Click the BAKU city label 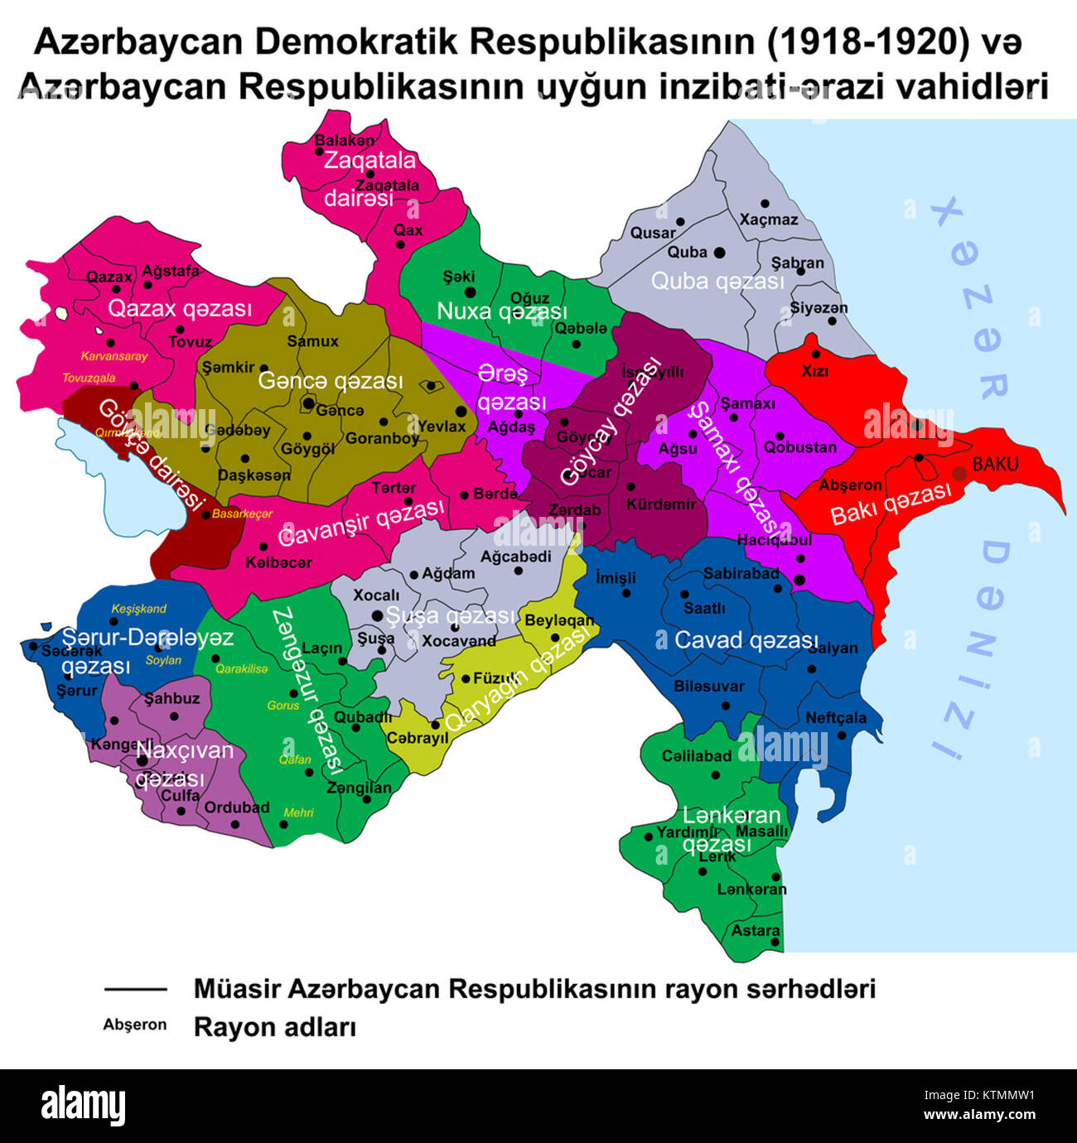pyautogui.click(x=995, y=464)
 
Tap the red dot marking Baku pyautogui.click(x=959, y=474)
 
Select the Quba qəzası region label pyautogui.click(x=717, y=281)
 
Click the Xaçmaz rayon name pyautogui.click(x=769, y=219)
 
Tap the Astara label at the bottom pyautogui.click(x=756, y=931)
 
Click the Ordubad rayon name pyautogui.click(x=237, y=807)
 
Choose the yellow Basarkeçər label pyautogui.click(x=242, y=514)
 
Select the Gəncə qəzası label pyautogui.click(x=331, y=380)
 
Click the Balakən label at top pyautogui.click(x=344, y=140)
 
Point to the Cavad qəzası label pyautogui.click(x=746, y=639)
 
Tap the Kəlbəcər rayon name pyautogui.click(x=279, y=562)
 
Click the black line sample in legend pyautogui.click(x=136, y=989)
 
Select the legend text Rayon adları pyautogui.click(x=275, y=1027)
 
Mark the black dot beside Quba pyautogui.click(x=720, y=252)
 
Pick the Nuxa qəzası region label pyautogui.click(x=502, y=311)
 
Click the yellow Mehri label pyautogui.click(x=298, y=813)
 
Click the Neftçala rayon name pyautogui.click(x=835, y=717)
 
